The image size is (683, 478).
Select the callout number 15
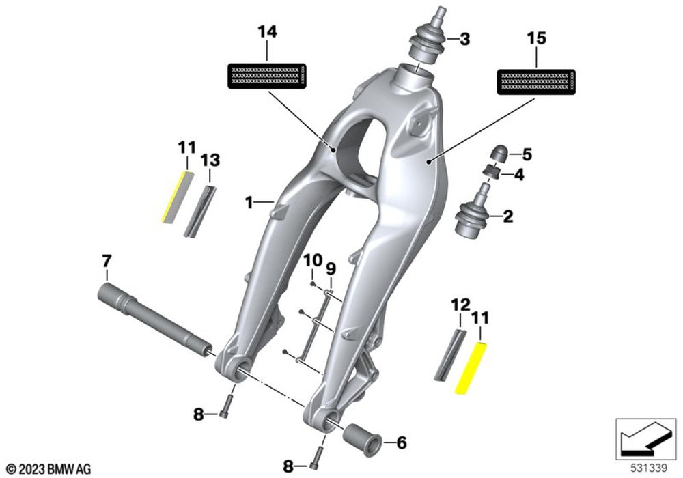538,38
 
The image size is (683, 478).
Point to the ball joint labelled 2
472,217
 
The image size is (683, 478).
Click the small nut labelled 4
489,173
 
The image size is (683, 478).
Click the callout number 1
250,202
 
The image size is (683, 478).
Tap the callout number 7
106,261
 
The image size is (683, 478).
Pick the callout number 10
312,260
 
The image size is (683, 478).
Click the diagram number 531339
646,468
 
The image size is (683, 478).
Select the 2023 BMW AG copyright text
49,469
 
